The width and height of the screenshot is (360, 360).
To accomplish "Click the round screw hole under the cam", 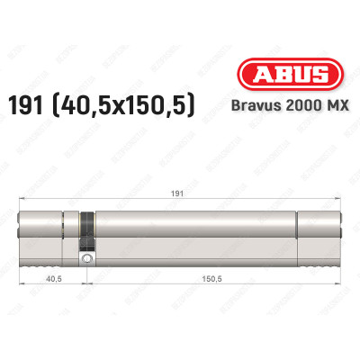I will coord(87,260).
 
